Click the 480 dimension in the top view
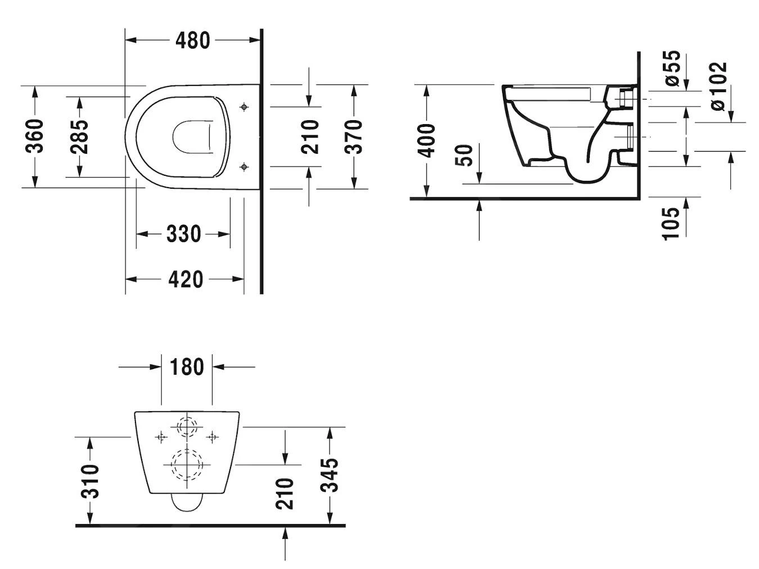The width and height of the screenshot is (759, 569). [x=192, y=40]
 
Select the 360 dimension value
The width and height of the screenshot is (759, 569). [x=35, y=136]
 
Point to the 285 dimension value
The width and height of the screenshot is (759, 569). [x=79, y=136]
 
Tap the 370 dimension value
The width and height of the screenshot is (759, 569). [x=354, y=136]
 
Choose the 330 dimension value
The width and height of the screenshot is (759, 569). [x=183, y=234]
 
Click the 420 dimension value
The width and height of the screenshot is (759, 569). [x=186, y=279]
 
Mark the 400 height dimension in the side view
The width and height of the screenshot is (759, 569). [x=427, y=140]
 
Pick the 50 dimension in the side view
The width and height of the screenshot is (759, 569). [x=465, y=156]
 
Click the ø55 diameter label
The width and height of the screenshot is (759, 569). [x=672, y=69]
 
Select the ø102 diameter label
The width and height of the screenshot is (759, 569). [x=718, y=87]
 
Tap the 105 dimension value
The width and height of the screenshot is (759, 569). [x=671, y=223]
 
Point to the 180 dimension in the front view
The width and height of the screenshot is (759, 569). [x=187, y=367]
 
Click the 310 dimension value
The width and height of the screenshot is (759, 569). [x=90, y=481]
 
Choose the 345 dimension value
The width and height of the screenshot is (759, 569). [x=329, y=475]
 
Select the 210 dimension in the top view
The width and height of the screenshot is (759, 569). [x=310, y=136]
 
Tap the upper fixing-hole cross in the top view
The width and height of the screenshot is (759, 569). [x=244, y=107]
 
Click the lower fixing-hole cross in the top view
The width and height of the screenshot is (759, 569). [x=244, y=166]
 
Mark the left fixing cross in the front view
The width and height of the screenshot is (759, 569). [x=161, y=436]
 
